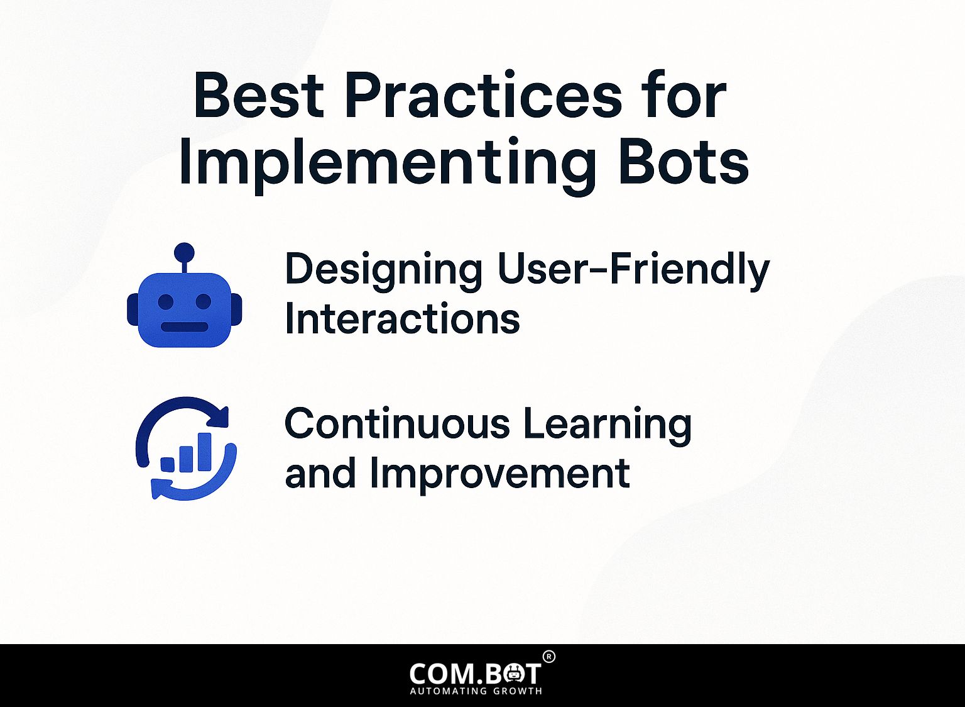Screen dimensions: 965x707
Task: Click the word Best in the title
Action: tap(258, 95)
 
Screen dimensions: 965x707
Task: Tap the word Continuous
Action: tap(397, 423)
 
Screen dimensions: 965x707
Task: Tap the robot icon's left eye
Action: tap(165, 301)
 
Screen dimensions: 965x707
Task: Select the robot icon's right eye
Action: tap(204, 301)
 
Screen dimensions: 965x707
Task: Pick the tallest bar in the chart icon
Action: tap(204, 452)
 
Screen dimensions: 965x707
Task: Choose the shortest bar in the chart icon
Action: tap(167, 465)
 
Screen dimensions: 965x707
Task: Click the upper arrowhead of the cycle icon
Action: tap(221, 417)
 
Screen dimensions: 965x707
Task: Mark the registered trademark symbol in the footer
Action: tap(549, 657)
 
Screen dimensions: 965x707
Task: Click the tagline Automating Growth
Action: tap(476, 691)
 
